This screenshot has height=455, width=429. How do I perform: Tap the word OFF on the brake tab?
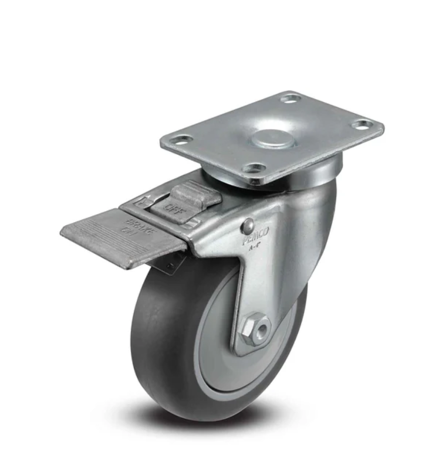(x=174, y=206)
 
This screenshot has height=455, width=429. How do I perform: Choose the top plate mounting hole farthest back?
(x=290, y=98)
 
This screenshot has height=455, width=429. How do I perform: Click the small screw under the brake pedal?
(x=169, y=267)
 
